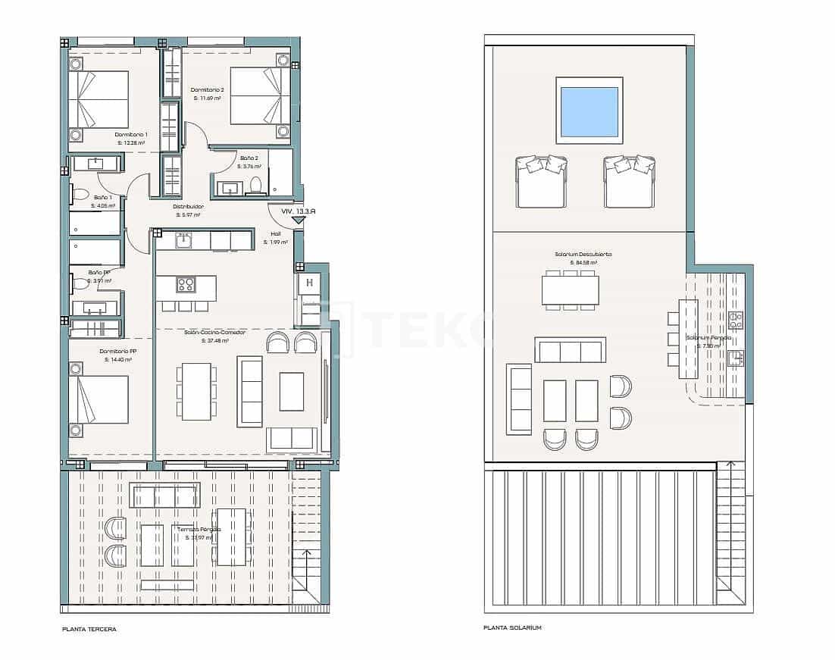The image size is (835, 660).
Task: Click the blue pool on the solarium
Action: click(589, 110)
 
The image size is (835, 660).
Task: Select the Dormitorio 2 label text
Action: click(207, 90)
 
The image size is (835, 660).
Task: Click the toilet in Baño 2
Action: click(256, 185)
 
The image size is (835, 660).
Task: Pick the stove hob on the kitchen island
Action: click(186, 285)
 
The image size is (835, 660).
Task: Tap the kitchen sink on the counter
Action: click(183, 241)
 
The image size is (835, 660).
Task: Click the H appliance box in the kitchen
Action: click(309, 284)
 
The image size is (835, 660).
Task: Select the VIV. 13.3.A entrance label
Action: click(298, 212)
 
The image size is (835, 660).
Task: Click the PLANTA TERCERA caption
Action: click(89, 629)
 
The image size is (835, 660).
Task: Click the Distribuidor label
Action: click(188, 206)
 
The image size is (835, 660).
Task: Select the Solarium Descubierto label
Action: click(583, 255)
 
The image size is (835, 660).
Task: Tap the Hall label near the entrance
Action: click(276, 234)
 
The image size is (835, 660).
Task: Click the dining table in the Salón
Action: click(196, 391)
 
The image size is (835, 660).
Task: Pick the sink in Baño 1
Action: click(96, 163)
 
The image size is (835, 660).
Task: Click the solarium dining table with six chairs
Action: click(570, 289)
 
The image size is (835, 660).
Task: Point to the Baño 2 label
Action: click(249, 158)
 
